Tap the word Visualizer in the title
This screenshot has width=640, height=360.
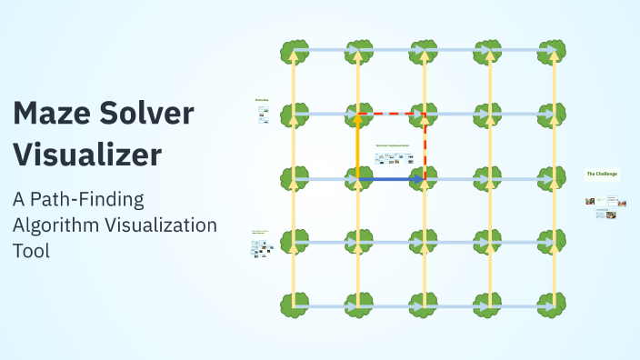87,154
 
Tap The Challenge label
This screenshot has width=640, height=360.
602,173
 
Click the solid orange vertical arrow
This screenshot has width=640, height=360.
358,147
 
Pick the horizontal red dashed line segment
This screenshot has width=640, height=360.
391,115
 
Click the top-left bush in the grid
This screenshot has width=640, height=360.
293,51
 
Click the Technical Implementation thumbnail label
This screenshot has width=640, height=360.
392,145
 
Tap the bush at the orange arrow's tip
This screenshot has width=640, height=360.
358,115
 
